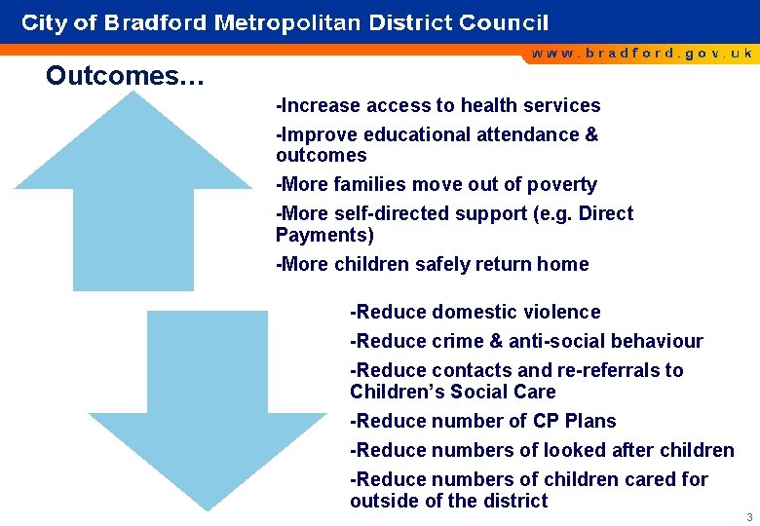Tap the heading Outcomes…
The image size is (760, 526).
[125, 76]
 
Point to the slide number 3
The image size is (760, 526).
[748, 516]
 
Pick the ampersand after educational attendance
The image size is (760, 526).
[591, 134]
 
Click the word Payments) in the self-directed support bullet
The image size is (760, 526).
[324, 235]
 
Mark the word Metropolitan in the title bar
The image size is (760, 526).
[287, 22]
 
